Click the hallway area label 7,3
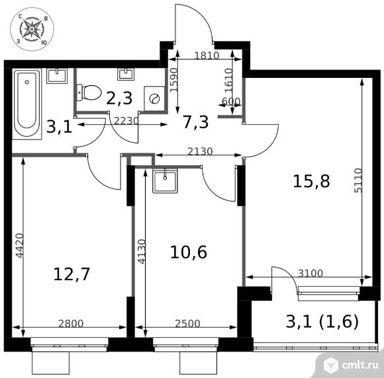(195, 121)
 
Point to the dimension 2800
(72, 324)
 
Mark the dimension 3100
(310, 273)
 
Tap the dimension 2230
(126, 120)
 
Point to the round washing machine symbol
(155, 98)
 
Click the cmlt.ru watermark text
(360, 363)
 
